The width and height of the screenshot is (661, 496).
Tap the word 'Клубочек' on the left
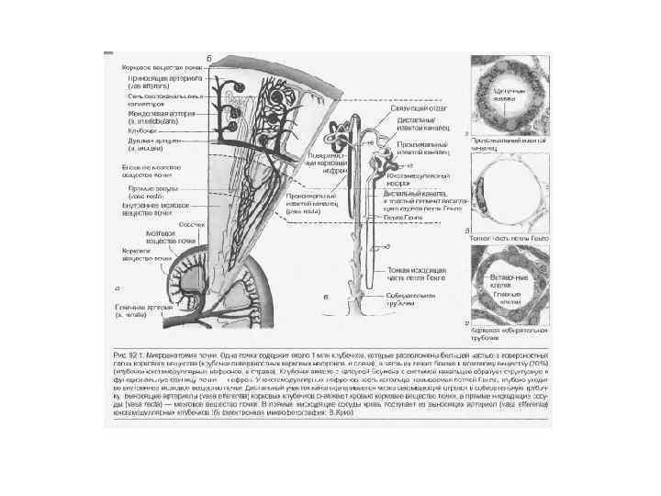(140, 130)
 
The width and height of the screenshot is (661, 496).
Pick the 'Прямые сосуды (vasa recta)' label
(147, 193)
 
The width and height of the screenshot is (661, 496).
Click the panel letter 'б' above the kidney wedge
(209, 59)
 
